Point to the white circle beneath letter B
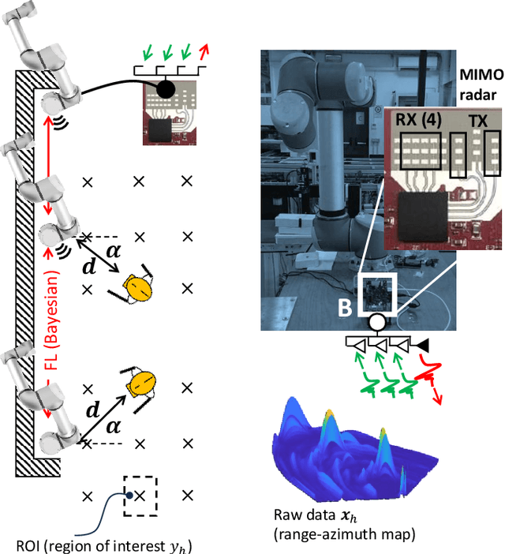pyautogui.click(x=376, y=322)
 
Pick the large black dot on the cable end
pyautogui.click(x=165, y=89)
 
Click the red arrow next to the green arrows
pyautogui.click(x=204, y=52)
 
